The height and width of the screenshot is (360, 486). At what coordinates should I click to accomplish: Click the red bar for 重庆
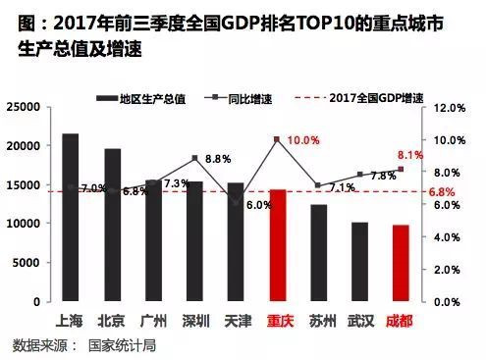point(278,245)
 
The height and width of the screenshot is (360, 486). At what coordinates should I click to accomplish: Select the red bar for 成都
point(401,263)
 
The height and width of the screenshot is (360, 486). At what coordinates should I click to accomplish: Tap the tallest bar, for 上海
point(71,217)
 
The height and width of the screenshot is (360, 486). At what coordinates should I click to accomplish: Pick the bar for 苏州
point(319,253)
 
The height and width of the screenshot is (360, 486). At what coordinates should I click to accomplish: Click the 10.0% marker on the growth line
point(277,139)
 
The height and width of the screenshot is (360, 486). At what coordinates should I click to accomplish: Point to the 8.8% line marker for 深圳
point(195,158)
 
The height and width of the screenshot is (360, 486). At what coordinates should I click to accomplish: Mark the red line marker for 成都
point(401,169)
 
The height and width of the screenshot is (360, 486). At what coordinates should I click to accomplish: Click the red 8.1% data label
point(410,155)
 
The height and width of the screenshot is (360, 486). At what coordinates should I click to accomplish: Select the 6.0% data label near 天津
point(259,205)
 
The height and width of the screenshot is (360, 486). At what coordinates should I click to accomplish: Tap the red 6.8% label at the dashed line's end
point(442,192)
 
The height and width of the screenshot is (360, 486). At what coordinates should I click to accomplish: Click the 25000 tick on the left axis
point(24,107)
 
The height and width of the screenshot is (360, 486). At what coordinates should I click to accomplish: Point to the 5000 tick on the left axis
point(27,263)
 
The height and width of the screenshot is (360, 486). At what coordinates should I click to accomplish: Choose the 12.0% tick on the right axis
point(450,108)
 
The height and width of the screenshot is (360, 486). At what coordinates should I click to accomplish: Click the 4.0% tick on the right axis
point(447,237)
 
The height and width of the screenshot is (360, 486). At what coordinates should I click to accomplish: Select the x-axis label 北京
point(111,321)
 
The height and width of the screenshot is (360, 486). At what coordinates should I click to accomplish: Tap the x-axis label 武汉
point(360,321)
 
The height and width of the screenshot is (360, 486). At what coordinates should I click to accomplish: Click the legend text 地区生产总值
point(153,98)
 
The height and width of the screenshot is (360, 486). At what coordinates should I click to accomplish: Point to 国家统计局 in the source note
point(122,346)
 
